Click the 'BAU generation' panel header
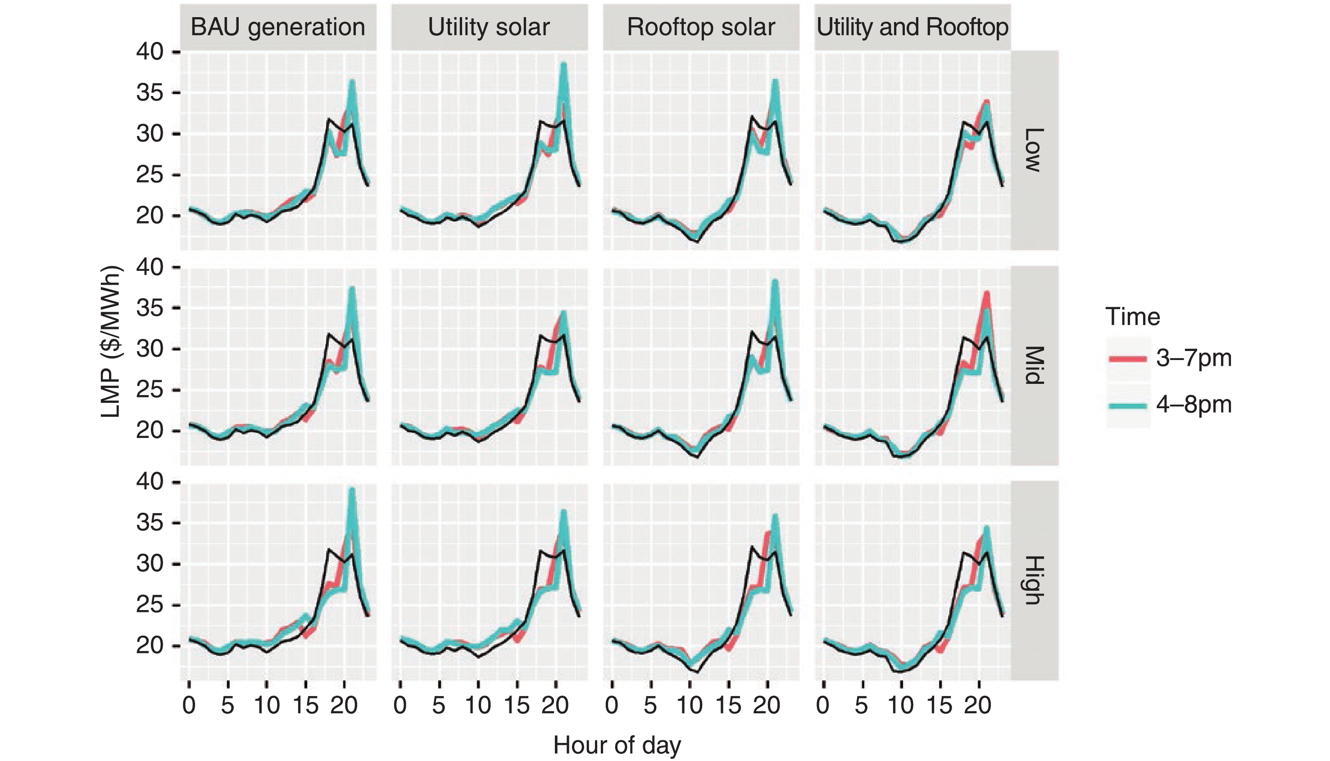point(278,27)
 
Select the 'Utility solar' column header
point(489,27)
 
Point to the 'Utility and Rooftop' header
point(912,27)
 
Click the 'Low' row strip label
point(1033,150)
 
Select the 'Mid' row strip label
point(1033,365)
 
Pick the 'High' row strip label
point(1033,580)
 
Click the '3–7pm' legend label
point(1194,359)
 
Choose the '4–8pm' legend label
point(1194,405)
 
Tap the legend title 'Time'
point(1133,317)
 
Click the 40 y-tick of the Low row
point(150,52)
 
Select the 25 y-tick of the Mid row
point(150,390)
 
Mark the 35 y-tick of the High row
point(150,523)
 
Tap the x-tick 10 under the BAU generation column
point(267,706)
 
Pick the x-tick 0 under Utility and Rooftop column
point(823,706)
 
